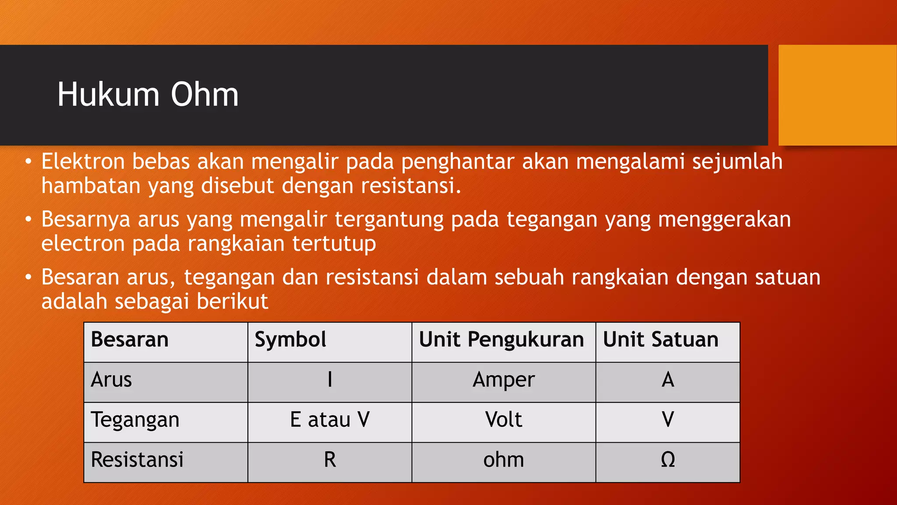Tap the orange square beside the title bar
click(x=837, y=95)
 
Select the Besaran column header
click(x=130, y=340)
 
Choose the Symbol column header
click(x=290, y=340)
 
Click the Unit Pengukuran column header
click(x=501, y=340)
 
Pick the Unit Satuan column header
click(x=660, y=340)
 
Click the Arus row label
click(x=111, y=380)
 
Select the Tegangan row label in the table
click(x=135, y=420)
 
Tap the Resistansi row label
click(x=137, y=460)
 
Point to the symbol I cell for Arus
click(x=330, y=380)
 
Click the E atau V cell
click(x=330, y=420)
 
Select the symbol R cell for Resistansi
click(x=330, y=460)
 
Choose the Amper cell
click(x=504, y=380)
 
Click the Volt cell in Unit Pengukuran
click(x=504, y=420)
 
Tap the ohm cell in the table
click(x=504, y=460)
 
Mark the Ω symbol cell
click(x=667, y=460)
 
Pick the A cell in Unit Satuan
click(x=667, y=380)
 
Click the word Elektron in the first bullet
click(x=83, y=161)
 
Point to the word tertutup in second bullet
click(x=334, y=244)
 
